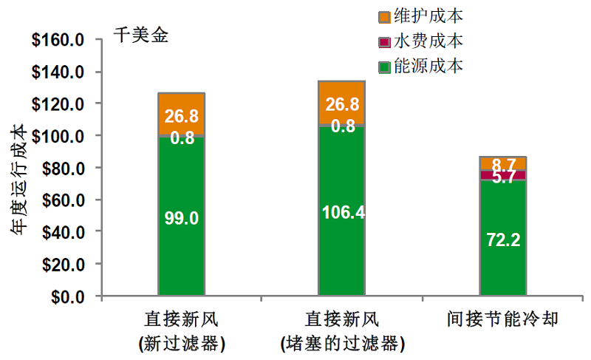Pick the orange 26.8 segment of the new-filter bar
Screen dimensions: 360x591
pos(182,114)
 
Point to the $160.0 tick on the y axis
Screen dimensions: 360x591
pos(58,40)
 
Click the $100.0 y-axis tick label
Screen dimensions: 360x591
pos(58,136)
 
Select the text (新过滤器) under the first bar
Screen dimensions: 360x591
pos(182,344)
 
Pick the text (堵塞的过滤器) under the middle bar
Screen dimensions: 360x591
pos(342,344)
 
